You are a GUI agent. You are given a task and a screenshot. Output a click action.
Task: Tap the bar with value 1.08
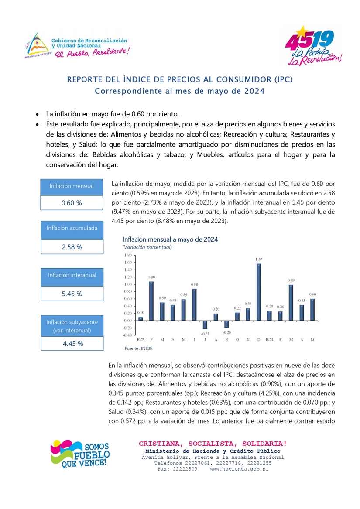coord(151,301)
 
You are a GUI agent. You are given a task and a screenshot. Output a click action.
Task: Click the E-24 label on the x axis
coord(269,339)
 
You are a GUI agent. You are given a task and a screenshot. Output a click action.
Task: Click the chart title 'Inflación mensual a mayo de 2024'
coord(170,239)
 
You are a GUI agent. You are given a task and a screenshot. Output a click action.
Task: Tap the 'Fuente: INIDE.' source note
coord(139,349)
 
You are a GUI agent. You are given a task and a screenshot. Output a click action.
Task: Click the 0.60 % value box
coord(72,203)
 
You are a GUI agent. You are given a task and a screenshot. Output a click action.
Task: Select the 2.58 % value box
coord(72,247)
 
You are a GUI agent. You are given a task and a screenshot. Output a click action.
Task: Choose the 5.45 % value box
coord(72,294)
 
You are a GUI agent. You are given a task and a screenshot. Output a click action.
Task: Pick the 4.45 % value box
coord(72,343)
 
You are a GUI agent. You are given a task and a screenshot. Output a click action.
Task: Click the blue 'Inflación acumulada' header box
coord(72,228)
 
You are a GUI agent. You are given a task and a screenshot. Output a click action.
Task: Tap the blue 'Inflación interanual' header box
coord(72,275)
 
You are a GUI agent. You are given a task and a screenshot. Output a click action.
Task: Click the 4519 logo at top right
coord(311,45)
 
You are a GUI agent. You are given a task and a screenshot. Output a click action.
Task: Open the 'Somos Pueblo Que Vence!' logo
coord(80,454)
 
